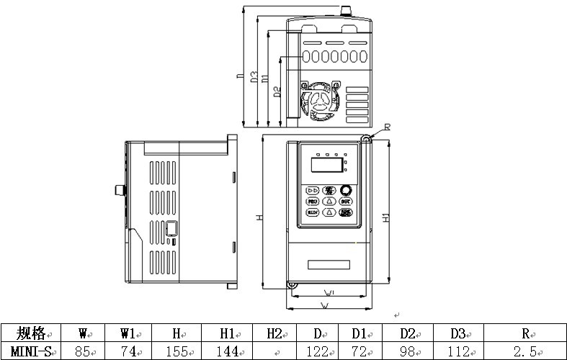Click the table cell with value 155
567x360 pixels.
[176, 351]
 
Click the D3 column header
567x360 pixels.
[458, 333]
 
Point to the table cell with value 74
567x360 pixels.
[129, 351]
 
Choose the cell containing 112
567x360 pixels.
[458, 351]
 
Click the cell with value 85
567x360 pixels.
[84, 351]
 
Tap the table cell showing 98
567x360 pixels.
[408, 351]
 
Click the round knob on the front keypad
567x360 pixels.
[347, 190]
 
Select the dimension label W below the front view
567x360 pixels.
[326, 306]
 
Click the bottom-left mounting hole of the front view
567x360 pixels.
[293, 285]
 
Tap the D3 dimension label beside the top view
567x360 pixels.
[254, 77]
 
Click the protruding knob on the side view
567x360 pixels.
[117, 189]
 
